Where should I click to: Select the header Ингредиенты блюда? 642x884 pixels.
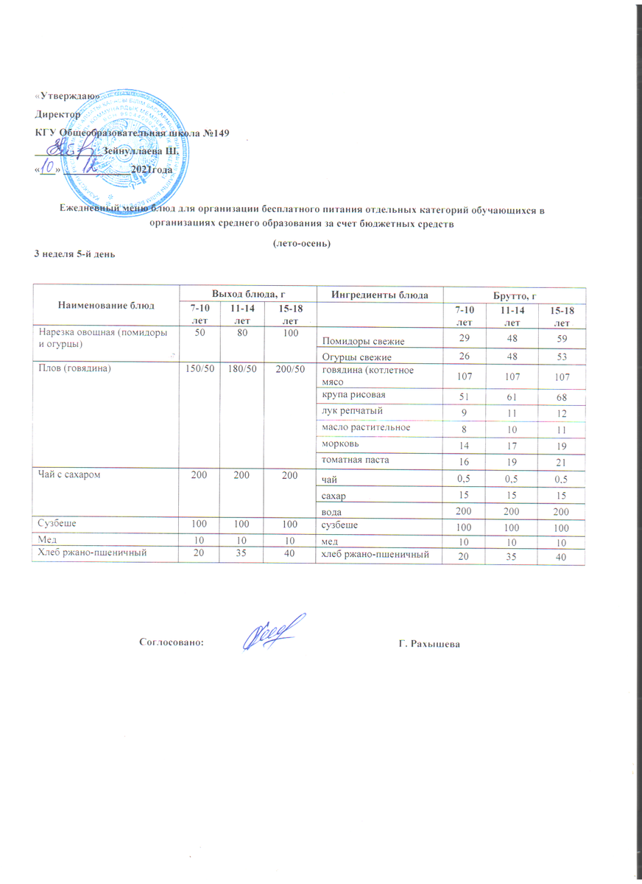click(x=380, y=295)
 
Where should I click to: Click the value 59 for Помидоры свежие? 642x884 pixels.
click(x=565, y=340)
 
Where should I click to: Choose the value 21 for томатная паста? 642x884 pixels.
click(x=565, y=461)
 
